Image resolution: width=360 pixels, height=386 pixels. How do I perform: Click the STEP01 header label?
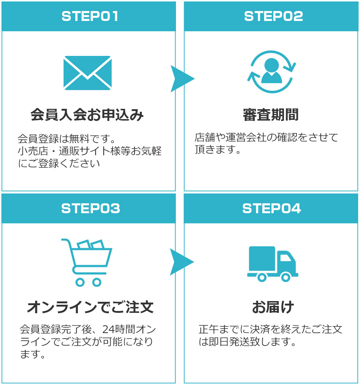90,17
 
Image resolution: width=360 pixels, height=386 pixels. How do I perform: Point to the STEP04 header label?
271,208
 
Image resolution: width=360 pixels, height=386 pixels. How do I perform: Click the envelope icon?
87,73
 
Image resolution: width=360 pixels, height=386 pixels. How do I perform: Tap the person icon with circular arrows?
272,72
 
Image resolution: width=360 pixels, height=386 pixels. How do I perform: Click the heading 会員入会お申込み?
87,115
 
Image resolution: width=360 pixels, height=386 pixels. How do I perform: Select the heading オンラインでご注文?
90,307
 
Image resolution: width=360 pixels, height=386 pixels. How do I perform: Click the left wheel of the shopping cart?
80,282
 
